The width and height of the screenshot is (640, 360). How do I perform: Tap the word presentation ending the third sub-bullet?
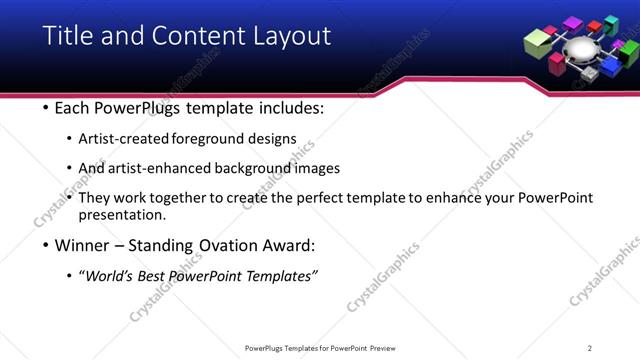pos(121,215)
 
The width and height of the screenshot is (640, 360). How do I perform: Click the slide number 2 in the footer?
pos(590,348)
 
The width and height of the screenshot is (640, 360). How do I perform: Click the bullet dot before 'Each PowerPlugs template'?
pos(46,108)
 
